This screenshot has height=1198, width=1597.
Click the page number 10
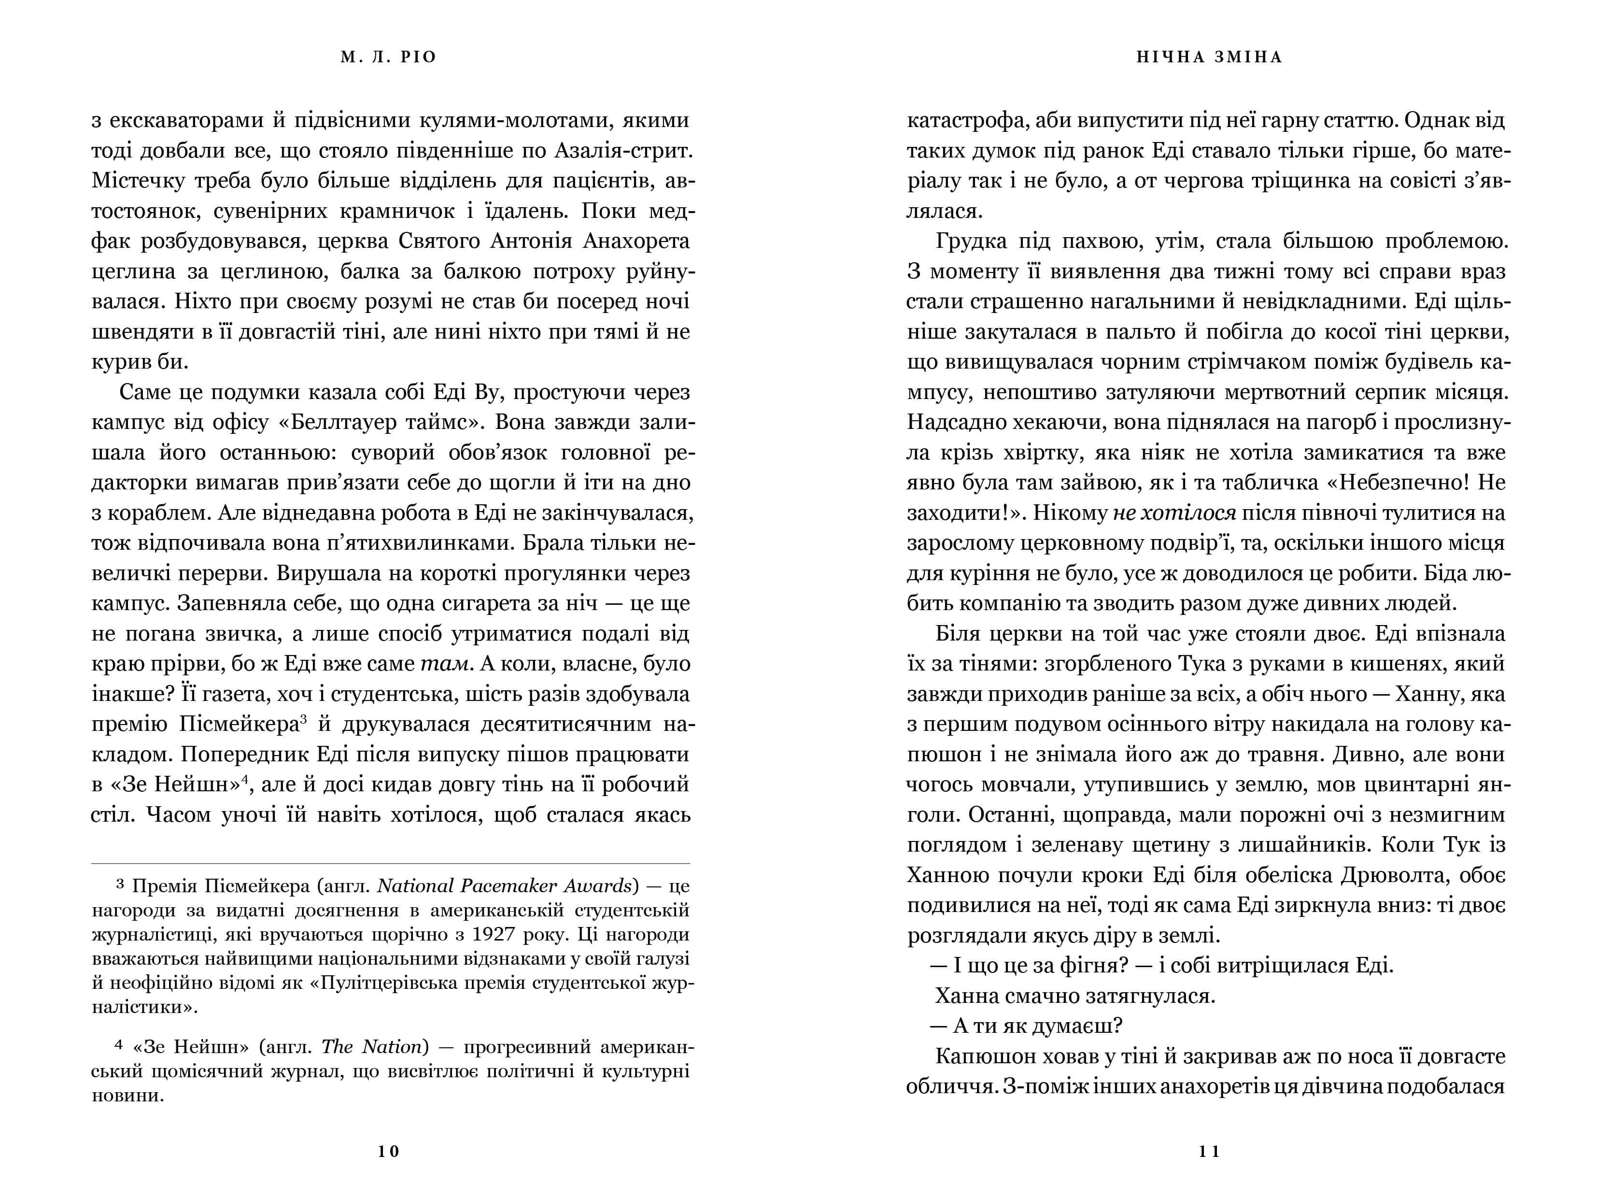388,1152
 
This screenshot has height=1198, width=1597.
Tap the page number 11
1209,1152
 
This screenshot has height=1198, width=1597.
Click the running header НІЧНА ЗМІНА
1209,57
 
